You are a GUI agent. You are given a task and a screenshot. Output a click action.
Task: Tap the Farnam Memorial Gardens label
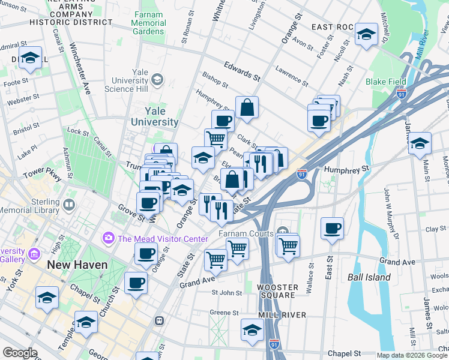click(148, 23)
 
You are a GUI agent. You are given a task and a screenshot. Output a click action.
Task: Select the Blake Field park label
click(386, 82)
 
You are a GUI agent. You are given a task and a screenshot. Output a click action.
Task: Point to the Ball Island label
click(369, 277)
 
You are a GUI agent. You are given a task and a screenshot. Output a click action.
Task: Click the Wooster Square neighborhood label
click(276, 291)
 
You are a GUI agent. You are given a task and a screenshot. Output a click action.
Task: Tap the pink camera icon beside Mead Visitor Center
click(109, 238)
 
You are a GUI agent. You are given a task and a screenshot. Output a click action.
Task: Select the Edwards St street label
click(241, 70)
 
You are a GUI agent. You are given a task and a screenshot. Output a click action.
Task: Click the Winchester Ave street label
click(78, 69)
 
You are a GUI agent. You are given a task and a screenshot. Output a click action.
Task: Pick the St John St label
click(226, 293)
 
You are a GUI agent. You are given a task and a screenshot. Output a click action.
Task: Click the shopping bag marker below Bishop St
click(247, 109)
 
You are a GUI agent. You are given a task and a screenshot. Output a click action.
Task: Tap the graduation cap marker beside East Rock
click(366, 34)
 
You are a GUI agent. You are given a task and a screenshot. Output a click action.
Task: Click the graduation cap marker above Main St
click(420, 144)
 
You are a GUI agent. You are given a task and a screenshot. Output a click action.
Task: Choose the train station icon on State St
click(160, 321)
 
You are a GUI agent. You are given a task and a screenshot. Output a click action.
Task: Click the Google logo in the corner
click(20, 353)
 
